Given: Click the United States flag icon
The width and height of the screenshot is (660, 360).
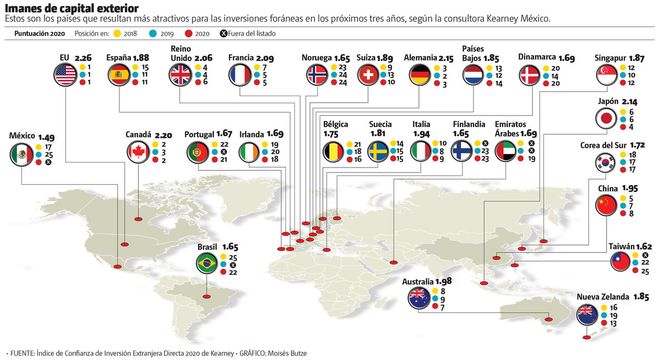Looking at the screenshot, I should point(65,75).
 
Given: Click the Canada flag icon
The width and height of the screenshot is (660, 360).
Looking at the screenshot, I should point(138,152).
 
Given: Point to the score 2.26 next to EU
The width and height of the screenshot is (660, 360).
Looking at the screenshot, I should point(83,58).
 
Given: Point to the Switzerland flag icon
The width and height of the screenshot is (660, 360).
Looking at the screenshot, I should point(367,75).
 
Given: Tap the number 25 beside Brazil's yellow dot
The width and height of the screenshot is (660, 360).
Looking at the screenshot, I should point(233,257).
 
